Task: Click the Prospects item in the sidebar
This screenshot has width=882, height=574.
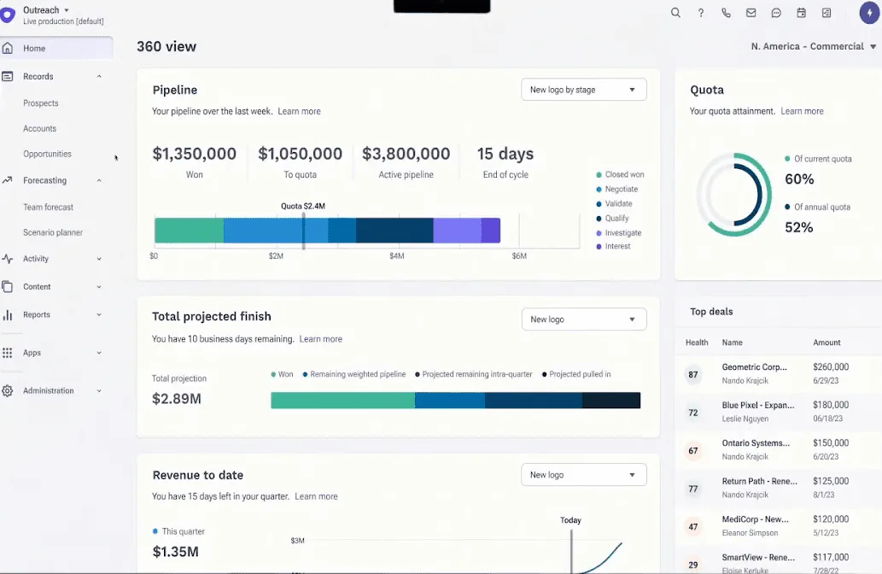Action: coord(41,103)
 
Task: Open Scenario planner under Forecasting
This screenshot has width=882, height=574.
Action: coord(53,232)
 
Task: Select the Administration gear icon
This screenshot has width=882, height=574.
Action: coord(8,391)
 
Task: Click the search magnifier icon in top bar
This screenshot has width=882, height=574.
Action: coord(675,13)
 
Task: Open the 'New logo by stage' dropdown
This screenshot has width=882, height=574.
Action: coord(583,90)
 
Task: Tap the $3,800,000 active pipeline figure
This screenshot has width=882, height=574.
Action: coord(406,154)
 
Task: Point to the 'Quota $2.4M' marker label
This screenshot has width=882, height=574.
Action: coord(303,206)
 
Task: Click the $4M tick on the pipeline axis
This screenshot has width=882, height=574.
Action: coord(397,256)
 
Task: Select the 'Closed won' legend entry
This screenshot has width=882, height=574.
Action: coord(624,174)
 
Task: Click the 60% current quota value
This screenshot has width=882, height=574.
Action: coord(799,179)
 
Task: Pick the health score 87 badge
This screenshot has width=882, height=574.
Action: coord(693,375)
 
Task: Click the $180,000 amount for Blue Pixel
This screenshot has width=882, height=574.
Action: coord(831,405)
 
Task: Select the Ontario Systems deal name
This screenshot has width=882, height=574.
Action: coord(755,443)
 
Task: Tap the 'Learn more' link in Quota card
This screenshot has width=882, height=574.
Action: coord(802,111)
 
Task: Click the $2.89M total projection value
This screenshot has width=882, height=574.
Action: coord(177,399)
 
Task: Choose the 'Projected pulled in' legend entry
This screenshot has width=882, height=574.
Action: coord(580,374)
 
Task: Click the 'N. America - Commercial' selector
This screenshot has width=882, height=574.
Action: coord(813,46)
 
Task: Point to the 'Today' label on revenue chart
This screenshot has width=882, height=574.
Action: coord(570,520)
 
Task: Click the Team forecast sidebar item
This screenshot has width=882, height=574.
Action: coord(48,207)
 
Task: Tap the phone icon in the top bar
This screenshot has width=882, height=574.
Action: coord(726,13)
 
